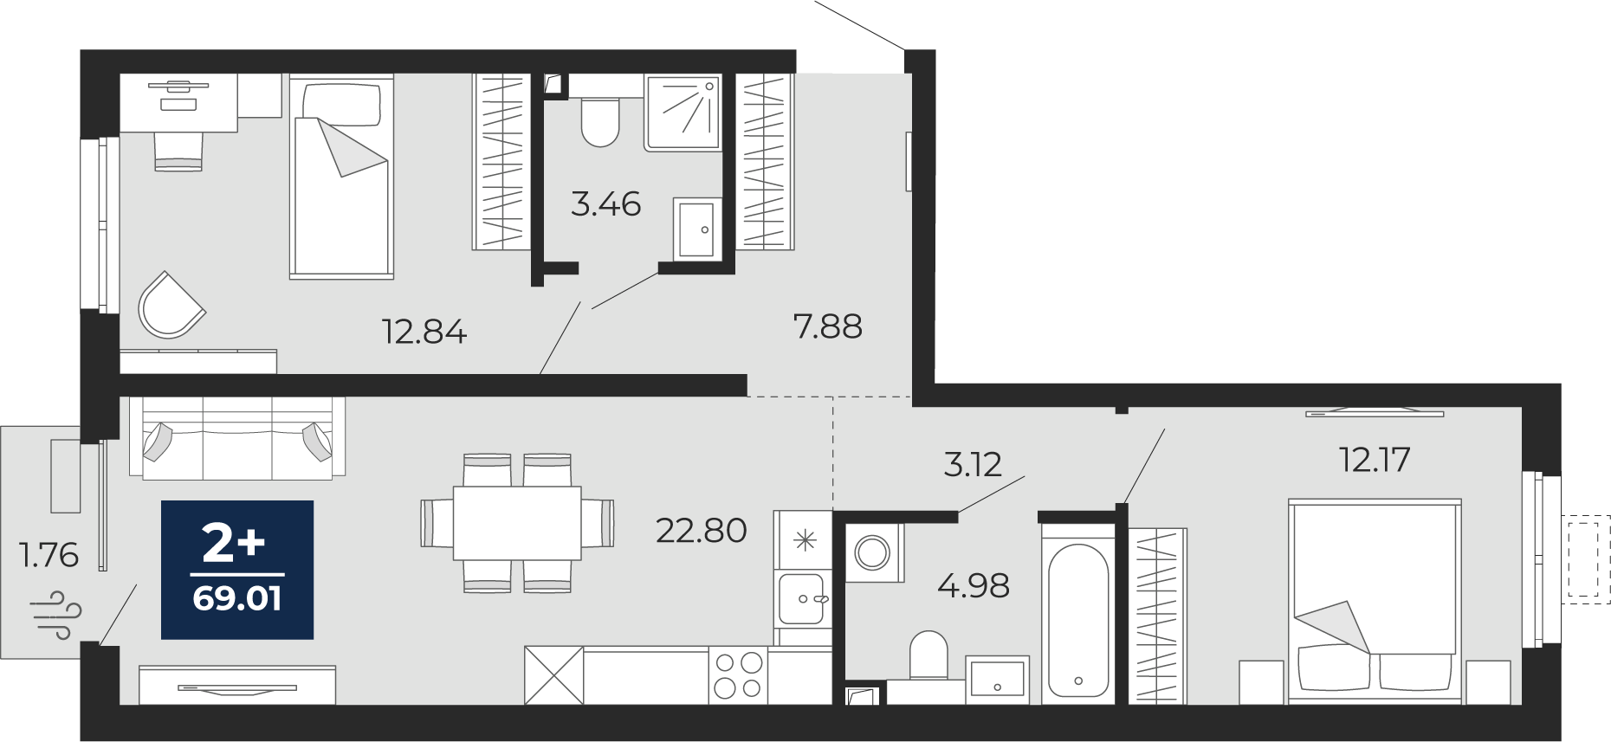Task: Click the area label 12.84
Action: [x=424, y=332]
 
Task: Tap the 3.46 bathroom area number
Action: [x=606, y=204]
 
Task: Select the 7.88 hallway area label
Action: [x=827, y=326]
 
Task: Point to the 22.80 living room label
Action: [x=701, y=531]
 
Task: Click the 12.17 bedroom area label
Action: [x=1375, y=460]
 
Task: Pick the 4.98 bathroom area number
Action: [x=974, y=586]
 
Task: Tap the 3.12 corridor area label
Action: [x=972, y=465]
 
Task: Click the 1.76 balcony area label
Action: [x=49, y=555]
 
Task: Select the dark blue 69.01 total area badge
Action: [x=237, y=570]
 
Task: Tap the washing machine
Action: [x=873, y=552]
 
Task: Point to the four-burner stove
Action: [x=738, y=675]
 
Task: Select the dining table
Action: [x=517, y=523]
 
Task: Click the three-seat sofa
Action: [x=237, y=438]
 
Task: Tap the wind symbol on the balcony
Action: [x=56, y=615]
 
